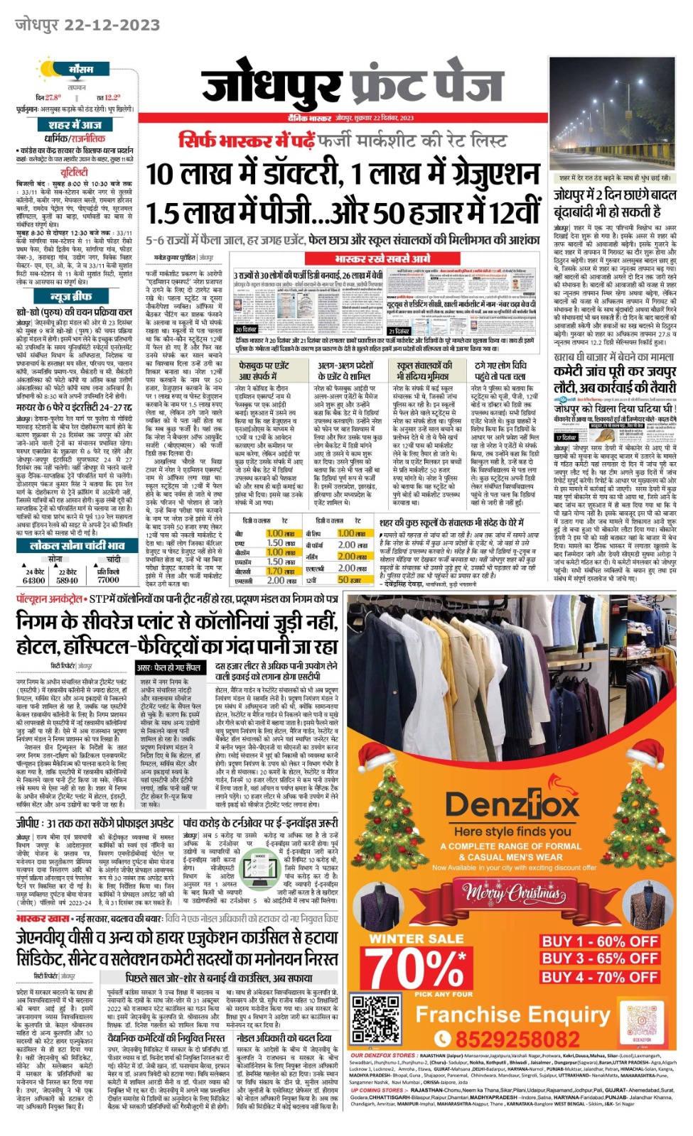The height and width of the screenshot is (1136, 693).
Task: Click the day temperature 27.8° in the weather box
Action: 53,97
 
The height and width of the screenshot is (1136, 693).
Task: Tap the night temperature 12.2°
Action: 112,97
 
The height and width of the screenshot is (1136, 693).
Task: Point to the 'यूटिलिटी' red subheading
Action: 75,172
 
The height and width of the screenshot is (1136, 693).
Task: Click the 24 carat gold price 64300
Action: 34,580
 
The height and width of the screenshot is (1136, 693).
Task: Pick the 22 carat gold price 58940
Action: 67,580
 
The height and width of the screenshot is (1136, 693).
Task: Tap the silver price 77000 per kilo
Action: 108,580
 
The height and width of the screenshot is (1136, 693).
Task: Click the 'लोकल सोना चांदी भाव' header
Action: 77,545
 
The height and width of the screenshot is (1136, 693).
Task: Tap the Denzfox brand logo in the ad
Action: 512,805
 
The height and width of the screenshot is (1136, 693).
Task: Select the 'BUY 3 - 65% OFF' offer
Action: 599,958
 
